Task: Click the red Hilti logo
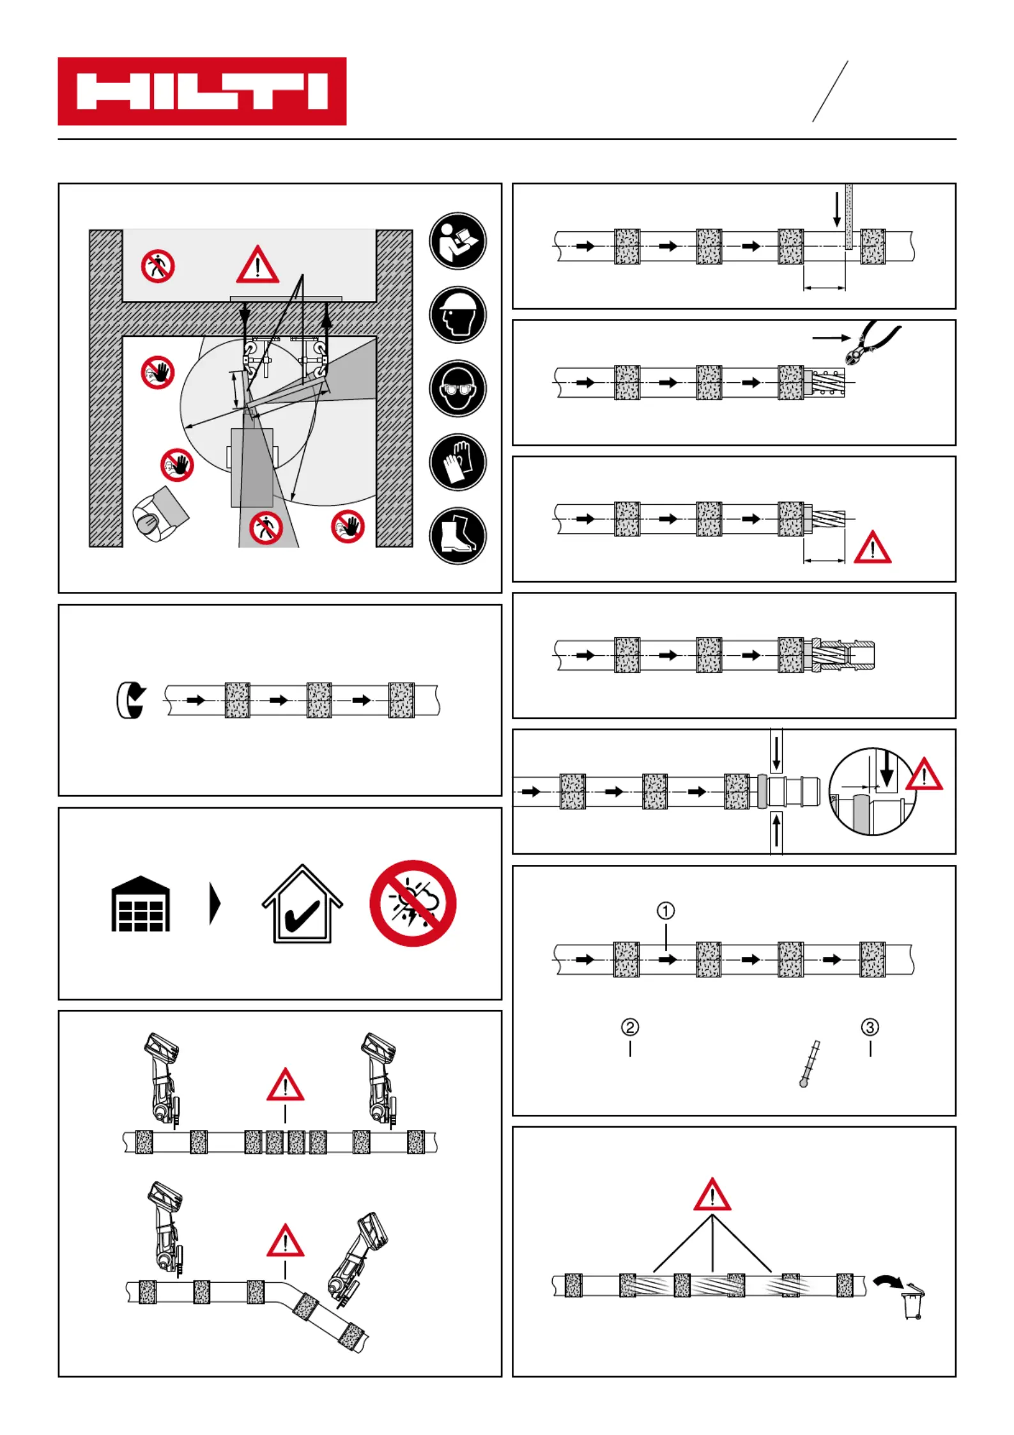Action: click(202, 91)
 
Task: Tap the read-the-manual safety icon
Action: click(457, 241)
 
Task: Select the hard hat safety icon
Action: click(457, 314)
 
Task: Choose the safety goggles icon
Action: click(457, 389)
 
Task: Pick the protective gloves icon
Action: click(457, 462)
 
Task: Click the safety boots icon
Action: click(457, 536)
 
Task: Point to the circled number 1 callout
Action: click(666, 910)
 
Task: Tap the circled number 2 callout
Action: click(630, 1027)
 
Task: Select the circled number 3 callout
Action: click(870, 1027)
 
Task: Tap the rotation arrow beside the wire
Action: click(130, 701)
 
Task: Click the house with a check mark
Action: click(302, 904)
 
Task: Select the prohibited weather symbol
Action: click(413, 903)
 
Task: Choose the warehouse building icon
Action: click(141, 904)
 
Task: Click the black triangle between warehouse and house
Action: click(215, 904)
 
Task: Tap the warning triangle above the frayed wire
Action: click(712, 1196)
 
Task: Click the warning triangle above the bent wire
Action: click(286, 1241)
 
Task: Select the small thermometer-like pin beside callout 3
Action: click(809, 1064)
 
